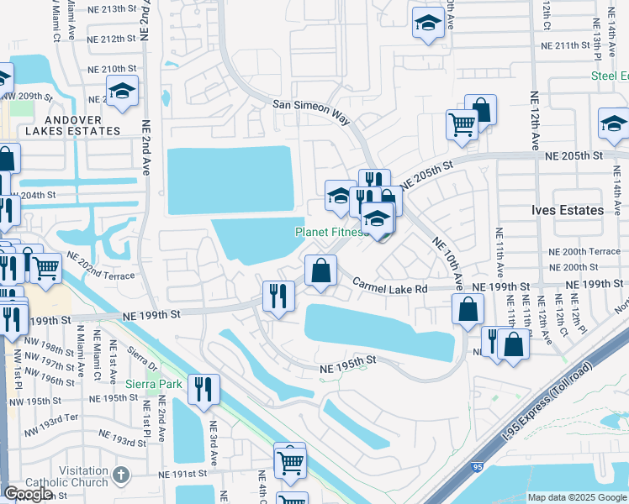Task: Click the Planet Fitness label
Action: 330,232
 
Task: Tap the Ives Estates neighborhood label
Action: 567,210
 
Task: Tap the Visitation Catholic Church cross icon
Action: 120,475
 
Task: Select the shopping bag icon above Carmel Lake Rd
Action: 320,271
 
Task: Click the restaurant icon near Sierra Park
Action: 203,389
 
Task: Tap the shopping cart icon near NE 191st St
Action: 290,460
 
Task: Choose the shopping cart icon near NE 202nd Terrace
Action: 46,268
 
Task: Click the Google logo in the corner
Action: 28,494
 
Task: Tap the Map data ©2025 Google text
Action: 577,497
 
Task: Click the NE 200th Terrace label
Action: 582,252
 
